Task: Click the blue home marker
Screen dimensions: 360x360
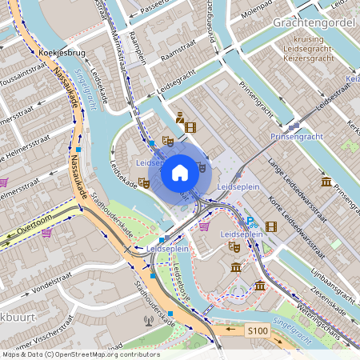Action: [180, 172]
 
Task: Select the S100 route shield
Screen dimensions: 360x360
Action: [257, 330]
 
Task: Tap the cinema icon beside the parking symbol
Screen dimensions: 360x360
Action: [271, 226]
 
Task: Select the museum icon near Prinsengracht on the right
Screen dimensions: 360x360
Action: [326, 182]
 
